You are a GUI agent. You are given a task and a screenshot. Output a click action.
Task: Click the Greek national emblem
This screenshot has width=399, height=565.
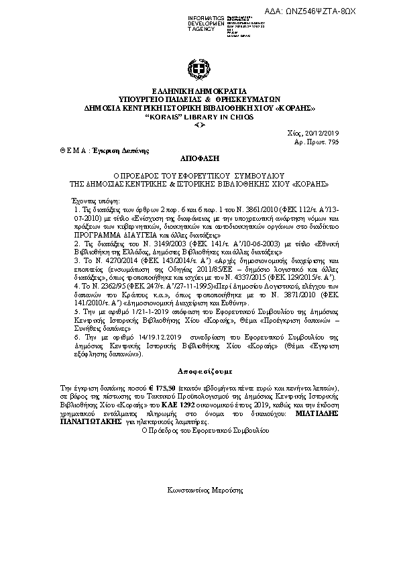point(199,70)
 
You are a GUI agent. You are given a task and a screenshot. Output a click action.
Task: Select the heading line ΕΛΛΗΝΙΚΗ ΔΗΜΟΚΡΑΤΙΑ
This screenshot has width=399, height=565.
point(200,91)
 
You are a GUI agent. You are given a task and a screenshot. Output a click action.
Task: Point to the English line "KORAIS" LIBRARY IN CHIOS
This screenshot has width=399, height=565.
point(200,116)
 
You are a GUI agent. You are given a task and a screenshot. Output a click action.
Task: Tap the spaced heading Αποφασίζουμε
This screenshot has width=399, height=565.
point(200,370)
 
